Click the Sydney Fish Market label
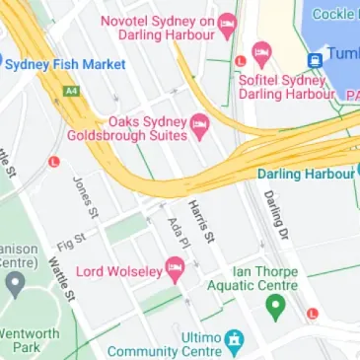(x=65, y=64)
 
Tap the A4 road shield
(x=71, y=90)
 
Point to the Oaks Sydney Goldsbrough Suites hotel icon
(x=199, y=123)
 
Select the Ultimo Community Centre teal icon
(x=234, y=341)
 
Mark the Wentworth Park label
(x=30, y=340)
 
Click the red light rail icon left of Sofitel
(x=240, y=61)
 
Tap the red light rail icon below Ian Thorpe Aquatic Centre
(x=312, y=314)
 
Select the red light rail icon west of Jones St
(x=54, y=161)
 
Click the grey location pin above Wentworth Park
(x=14, y=285)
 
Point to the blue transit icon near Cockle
(x=316, y=59)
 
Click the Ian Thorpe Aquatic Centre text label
(x=263, y=278)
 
